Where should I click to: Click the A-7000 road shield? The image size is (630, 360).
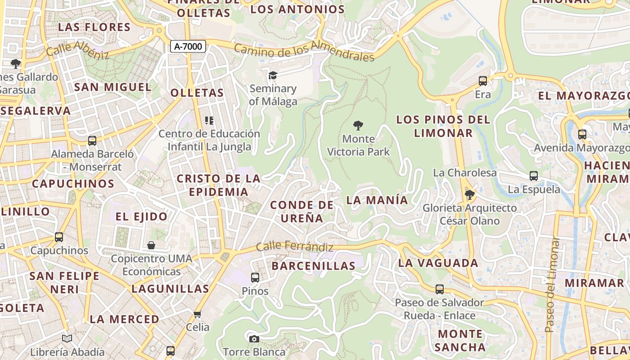pyautogui.click(x=188, y=46)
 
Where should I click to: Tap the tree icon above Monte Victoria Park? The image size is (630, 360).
pyautogui.click(x=358, y=126)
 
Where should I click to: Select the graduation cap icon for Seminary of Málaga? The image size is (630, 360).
pyautogui.click(x=273, y=75)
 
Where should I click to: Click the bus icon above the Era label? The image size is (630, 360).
pyautogui.click(x=483, y=81)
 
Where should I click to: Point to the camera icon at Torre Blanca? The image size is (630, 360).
pyautogui.click(x=254, y=338)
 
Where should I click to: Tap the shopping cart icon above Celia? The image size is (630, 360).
pyautogui.click(x=197, y=314)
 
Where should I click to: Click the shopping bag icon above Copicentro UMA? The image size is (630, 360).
pyautogui.click(x=151, y=245)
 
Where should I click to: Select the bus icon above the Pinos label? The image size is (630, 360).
pyautogui.click(x=255, y=278)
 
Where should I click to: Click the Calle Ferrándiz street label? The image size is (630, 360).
pyautogui.click(x=295, y=247)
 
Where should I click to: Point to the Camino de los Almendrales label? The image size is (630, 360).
pyautogui.click(x=304, y=52)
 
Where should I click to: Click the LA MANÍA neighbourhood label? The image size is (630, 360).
pyautogui.click(x=377, y=200)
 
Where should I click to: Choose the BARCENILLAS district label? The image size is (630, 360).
pyautogui.click(x=314, y=266)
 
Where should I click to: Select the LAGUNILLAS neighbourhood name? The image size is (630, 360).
pyautogui.click(x=171, y=289)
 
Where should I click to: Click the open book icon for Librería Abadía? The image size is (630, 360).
pyautogui.click(x=67, y=338)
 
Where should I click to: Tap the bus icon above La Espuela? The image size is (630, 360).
pyautogui.click(x=534, y=176)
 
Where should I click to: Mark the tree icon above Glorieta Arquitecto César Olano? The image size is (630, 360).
pyautogui.click(x=469, y=195)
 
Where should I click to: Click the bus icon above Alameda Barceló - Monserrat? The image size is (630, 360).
pyautogui.click(x=92, y=141)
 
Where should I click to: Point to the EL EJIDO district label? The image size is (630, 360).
pyautogui.click(x=141, y=217)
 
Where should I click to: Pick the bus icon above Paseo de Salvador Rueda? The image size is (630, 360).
pyautogui.click(x=440, y=289)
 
